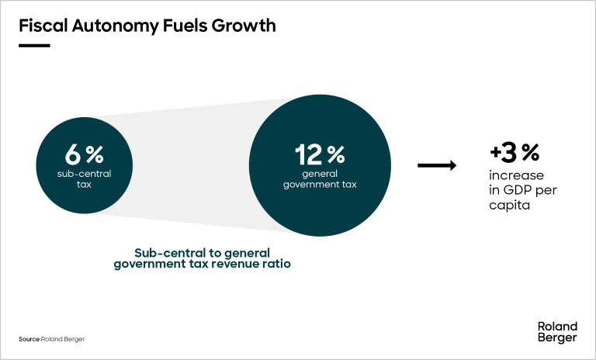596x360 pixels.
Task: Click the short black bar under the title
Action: click(x=34, y=45)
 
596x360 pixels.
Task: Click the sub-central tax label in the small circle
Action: click(x=85, y=179)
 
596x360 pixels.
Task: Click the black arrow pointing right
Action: click(x=436, y=164)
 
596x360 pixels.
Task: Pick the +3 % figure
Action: click(x=514, y=151)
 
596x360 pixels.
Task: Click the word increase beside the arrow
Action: click(x=516, y=175)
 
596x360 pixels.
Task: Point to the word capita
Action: click(x=509, y=206)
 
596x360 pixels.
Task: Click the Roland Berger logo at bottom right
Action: click(x=557, y=332)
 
